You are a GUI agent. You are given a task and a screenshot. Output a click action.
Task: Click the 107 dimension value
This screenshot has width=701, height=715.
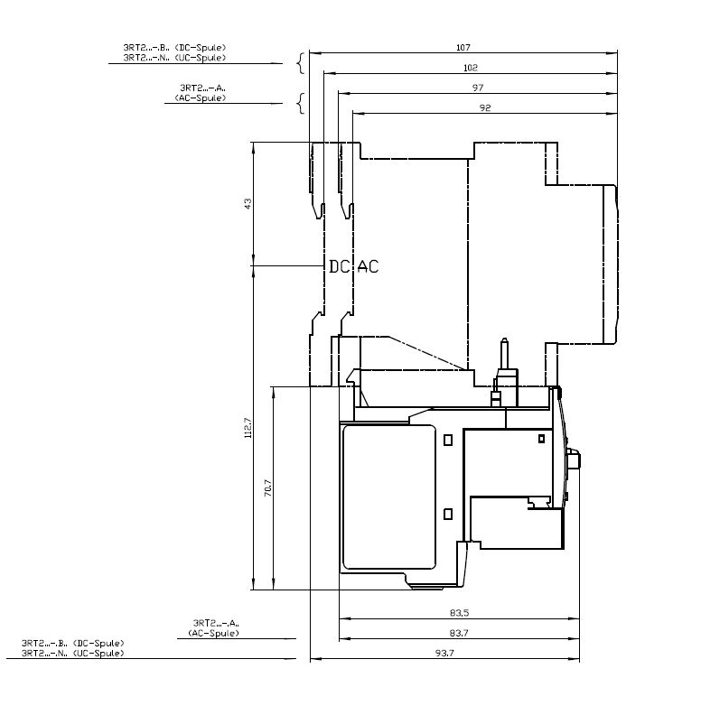pyautogui.click(x=463, y=48)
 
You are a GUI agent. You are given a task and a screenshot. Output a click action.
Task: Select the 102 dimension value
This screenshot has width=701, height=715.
pyautogui.click(x=471, y=68)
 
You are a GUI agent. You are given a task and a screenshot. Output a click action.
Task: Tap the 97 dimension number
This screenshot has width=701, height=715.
pyautogui.click(x=478, y=88)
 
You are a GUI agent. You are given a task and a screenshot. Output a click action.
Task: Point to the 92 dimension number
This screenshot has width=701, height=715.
pyautogui.click(x=485, y=108)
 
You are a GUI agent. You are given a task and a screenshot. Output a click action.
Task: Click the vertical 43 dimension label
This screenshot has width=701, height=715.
pyautogui.click(x=248, y=203)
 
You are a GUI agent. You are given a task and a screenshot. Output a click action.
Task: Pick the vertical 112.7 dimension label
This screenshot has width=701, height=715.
pyautogui.click(x=248, y=428)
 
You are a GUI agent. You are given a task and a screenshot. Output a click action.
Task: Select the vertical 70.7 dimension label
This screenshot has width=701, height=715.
pyautogui.click(x=268, y=487)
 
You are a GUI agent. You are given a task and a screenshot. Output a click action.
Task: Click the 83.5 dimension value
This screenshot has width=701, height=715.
pyautogui.click(x=459, y=613)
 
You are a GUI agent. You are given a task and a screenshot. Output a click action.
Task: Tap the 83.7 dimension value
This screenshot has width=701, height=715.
pyautogui.click(x=459, y=633)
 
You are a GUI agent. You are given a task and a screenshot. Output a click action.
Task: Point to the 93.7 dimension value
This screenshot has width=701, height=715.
pyautogui.click(x=444, y=653)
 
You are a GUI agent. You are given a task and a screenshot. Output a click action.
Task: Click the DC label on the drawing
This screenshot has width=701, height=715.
pyautogui.click(x=339, y=266)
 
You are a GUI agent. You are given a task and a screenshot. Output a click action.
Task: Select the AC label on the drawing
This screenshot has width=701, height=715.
pyautogui.click(x=368, y=266)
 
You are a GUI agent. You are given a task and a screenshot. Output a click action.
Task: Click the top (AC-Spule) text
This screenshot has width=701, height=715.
pyautogui.click(x=201, y=98)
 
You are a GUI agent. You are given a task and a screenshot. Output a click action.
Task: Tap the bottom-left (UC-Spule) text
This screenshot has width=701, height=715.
pyautogui.click(x=98, y=654)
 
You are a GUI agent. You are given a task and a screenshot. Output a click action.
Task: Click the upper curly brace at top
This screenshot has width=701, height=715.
pyautogui.click(x=300, y=63)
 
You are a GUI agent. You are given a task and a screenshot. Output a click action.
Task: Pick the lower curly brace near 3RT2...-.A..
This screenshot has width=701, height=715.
pyautogui.click(x=300, y=104)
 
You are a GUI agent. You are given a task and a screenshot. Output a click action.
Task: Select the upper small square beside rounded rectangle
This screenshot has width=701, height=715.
pyautogui.click(x=448, y=440)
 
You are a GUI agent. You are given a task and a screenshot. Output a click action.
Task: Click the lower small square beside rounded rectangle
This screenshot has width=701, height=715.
pyautogui.click(x=448, y=515)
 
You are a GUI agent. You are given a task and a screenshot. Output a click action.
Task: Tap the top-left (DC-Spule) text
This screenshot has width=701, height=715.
pyautogui.click(x=201, y=48)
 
